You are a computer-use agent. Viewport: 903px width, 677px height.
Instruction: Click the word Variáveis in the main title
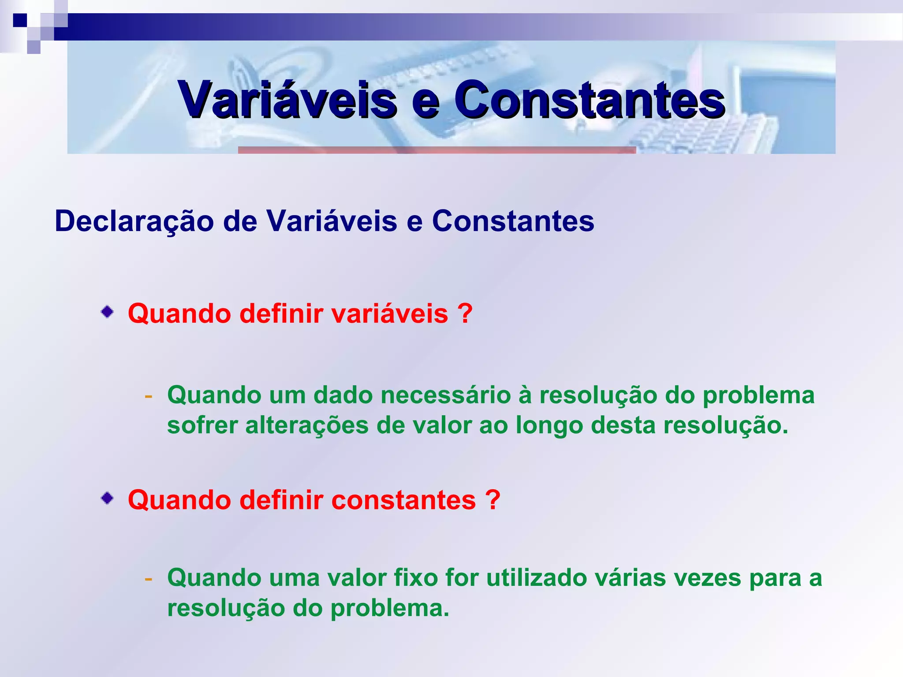[287, 100]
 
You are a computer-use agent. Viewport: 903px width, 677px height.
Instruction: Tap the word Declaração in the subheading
[134, 221]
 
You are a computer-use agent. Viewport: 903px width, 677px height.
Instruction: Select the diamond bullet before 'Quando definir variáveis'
[107, 312]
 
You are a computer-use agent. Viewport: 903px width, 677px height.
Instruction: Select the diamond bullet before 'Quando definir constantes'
[107, 498]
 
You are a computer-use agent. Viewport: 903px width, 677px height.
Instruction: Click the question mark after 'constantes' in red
[493, 500]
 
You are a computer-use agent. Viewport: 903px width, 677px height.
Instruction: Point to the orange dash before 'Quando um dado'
[149, 395]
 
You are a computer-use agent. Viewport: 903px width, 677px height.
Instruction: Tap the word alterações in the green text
[306, 426]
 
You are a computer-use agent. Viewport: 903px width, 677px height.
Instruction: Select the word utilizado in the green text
[536, 578]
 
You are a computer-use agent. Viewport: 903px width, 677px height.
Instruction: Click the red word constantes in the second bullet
[403, 500]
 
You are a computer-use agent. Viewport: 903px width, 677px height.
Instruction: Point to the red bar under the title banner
[437, 150]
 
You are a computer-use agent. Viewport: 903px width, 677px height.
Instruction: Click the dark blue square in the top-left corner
[20, 20]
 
